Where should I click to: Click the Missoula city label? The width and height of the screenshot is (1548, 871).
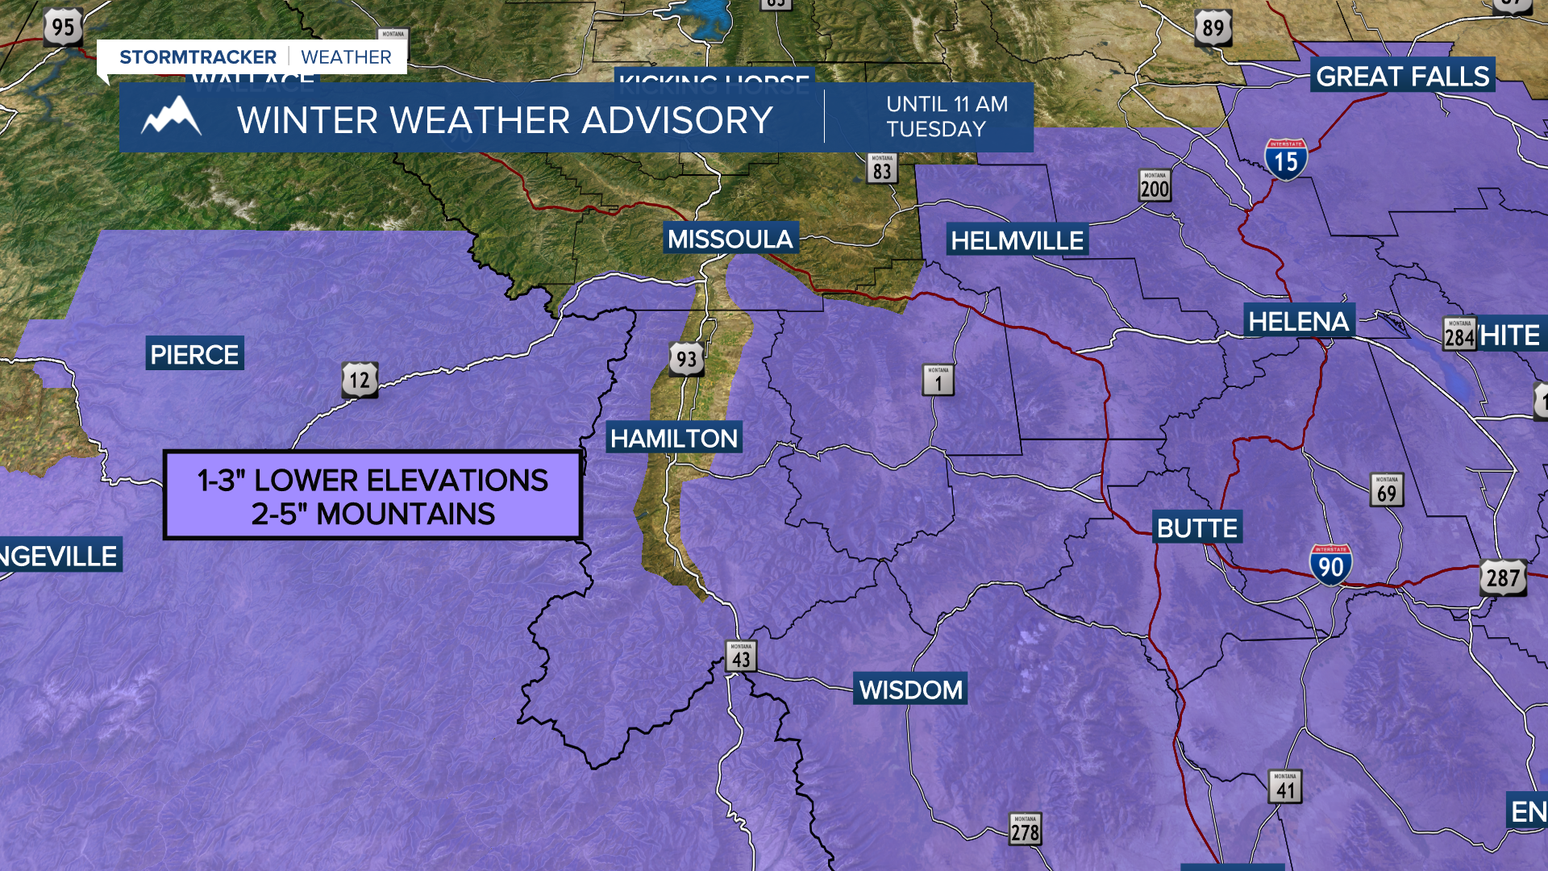coord(730,239)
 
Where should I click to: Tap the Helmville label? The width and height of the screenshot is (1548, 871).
coord(1017,240)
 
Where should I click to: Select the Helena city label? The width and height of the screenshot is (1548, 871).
coord(1298,321)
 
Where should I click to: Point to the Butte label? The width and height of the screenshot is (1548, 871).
coord(1196,528)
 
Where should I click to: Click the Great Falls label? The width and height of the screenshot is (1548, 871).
coord(1402,76)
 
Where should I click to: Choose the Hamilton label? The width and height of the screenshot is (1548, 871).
coord(673,438)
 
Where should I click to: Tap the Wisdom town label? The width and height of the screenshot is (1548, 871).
coord(910,690)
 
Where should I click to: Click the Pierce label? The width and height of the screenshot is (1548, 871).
coord(194,354)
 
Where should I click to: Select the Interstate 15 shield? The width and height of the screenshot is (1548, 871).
coord(1285,160)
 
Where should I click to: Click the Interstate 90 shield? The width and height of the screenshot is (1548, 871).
coord(1330,565)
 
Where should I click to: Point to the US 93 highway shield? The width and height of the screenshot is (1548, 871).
coord(686,360)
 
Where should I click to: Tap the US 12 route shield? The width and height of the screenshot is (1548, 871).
coord(360,380)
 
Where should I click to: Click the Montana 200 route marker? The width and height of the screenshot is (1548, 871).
coord(1155,186)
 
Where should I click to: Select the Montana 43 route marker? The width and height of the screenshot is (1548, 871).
coord(741,657)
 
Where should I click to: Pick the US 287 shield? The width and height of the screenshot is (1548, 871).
coord(1503,577)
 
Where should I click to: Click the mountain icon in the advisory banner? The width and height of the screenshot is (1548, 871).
coord(171,118)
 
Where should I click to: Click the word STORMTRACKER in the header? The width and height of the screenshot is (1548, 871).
coord(198,57)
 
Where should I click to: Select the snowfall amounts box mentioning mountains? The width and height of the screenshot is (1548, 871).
coord(372,496)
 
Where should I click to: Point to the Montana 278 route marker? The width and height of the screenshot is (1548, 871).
coord(1025,829)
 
